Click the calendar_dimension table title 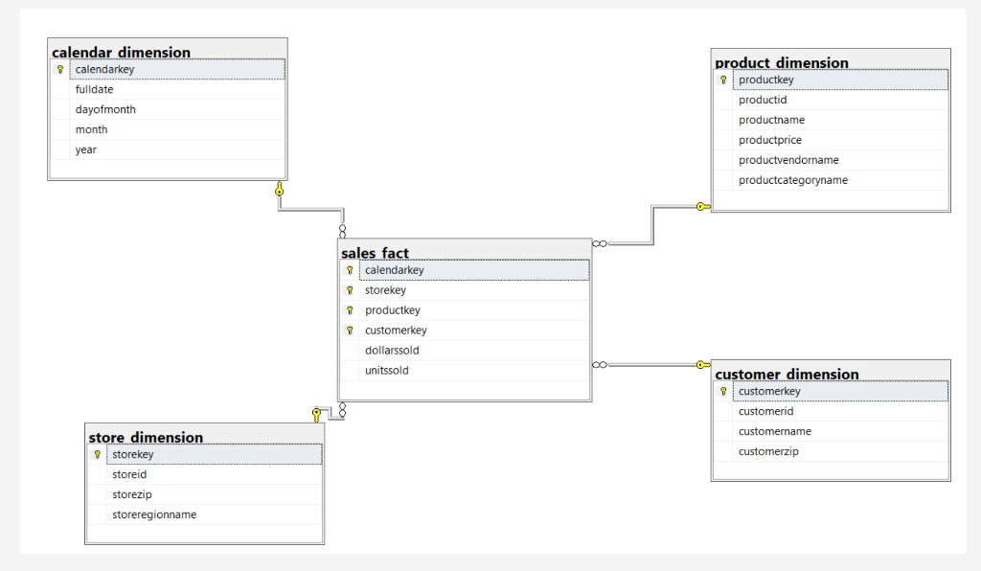tap(121, 52)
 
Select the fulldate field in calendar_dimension tap(95, 89)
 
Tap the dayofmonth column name tap(105, 109)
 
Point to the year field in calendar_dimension tap(86, 149)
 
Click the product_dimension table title tap(782, 63)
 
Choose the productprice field tap(770, 140)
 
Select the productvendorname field tap(788, 160)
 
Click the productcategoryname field tap(792, 180)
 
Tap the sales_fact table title tap(375, 253)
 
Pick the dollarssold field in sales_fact tap(392, 350)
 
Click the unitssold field tap(387, 370)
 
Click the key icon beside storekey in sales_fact tap(350, 290)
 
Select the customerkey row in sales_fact tap(396, 330)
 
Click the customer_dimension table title tap(787, 374)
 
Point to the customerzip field tap(768, 451)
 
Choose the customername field tap(775, 431)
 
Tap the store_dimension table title tap(146, 437)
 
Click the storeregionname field tap(154, 514)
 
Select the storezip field tap(132, 494)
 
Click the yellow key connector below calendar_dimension tap(279, 191)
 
